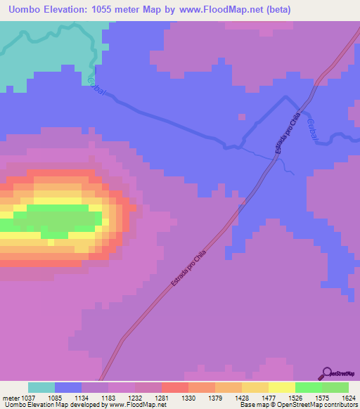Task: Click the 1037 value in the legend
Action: pyautogui.click(x=28, y=397)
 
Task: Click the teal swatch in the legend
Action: pyautogui.click(x=41, y=387)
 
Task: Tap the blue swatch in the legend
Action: pyautogui.click(x=68, y=387)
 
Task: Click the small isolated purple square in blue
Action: pyautogui.click(x=241, y=115)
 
